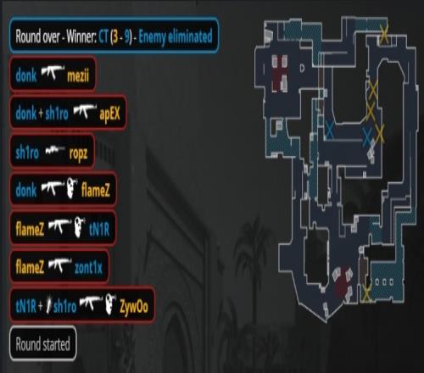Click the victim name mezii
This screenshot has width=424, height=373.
click(78, 75)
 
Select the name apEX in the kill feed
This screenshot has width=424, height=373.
click(110, 114)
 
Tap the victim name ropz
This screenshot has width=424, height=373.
click(78, 153)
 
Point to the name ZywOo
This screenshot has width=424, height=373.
click(134, 306)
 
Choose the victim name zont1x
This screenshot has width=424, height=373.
click(88, 267)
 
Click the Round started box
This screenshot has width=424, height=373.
click(43, 343)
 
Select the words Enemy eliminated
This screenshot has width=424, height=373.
click(176, 36)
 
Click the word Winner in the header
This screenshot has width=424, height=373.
click(81, 36)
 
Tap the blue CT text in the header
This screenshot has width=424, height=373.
click(103, 36)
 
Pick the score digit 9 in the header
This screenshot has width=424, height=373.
click(126, 36)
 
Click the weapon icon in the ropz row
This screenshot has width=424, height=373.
click(55, 150)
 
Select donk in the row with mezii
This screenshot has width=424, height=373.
click(26, 75)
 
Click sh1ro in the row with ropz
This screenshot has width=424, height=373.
click(27, 153)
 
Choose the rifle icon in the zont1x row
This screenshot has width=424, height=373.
click(60, 264)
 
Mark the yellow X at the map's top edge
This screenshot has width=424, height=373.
click(384, 35)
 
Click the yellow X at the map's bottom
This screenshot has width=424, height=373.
click(366, 292)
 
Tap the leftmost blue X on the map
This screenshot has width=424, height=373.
click(329, 130)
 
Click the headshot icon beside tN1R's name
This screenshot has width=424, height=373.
click(81, 226)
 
